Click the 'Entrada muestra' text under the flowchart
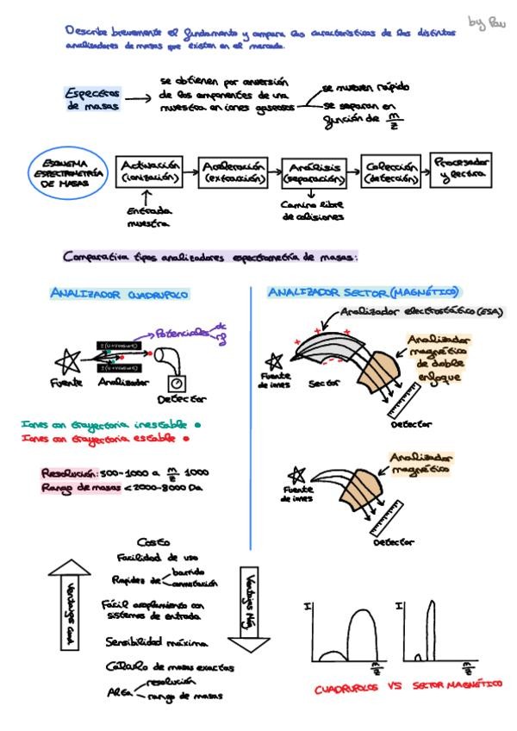(148, 216)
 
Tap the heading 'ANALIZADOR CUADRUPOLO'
(120, 294)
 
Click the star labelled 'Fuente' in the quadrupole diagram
(66, 359)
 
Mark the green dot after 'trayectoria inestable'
(198, 425)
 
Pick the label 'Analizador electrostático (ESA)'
(422, 311)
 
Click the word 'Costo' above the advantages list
(150, 542)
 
